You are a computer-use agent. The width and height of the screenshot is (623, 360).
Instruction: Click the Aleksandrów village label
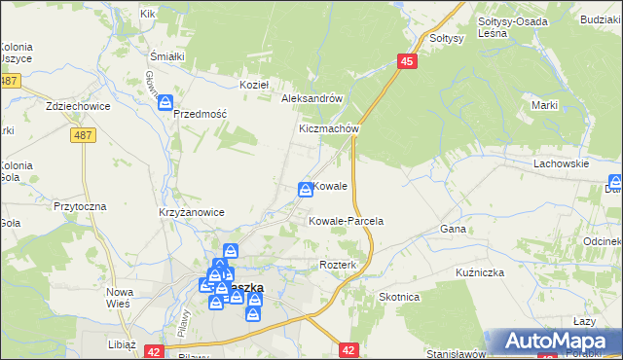(311, 98)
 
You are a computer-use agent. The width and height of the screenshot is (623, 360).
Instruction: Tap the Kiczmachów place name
(330, 128)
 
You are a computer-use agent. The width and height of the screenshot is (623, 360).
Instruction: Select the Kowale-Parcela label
(346, 221)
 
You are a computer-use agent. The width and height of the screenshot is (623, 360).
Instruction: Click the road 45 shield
(407, 62)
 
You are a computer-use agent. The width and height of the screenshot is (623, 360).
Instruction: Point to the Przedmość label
(200, 113)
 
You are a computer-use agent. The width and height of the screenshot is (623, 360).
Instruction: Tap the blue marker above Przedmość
(166, 101)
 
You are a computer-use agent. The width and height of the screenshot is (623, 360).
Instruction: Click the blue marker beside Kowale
(305, 189)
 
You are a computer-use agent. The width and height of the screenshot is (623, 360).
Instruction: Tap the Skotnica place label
(398, 298)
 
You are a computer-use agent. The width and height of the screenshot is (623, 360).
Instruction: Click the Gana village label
(454, 229)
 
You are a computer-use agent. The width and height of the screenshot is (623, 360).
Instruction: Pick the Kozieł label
(254, 85)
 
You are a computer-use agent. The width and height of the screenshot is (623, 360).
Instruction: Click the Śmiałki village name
(167, 55)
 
